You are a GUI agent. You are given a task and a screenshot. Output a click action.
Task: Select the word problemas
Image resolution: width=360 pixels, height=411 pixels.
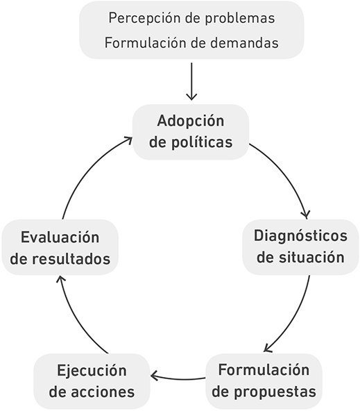point(240,18)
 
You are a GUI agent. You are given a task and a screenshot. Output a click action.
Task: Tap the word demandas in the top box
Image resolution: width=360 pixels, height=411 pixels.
point(244,43)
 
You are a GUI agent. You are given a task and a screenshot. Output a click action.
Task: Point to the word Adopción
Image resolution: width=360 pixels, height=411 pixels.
point(191,121)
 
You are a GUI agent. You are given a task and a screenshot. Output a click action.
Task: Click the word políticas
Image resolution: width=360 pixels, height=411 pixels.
point(202,142)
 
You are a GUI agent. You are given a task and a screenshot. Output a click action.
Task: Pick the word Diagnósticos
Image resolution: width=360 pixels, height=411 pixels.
point(300,236)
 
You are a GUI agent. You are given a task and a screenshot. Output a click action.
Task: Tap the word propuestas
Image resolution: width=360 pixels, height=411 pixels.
point(275,392)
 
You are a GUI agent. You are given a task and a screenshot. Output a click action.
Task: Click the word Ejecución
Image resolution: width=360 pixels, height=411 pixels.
point(92,371)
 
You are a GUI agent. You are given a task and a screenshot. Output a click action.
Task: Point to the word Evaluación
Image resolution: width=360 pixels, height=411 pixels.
point(60,237)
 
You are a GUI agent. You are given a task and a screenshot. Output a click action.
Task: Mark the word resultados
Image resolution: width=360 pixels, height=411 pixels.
point(71,259)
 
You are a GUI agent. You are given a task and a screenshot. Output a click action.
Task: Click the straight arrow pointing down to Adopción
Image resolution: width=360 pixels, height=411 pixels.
point(191,81)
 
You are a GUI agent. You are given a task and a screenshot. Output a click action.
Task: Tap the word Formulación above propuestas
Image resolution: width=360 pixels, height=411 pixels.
point(264,370)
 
